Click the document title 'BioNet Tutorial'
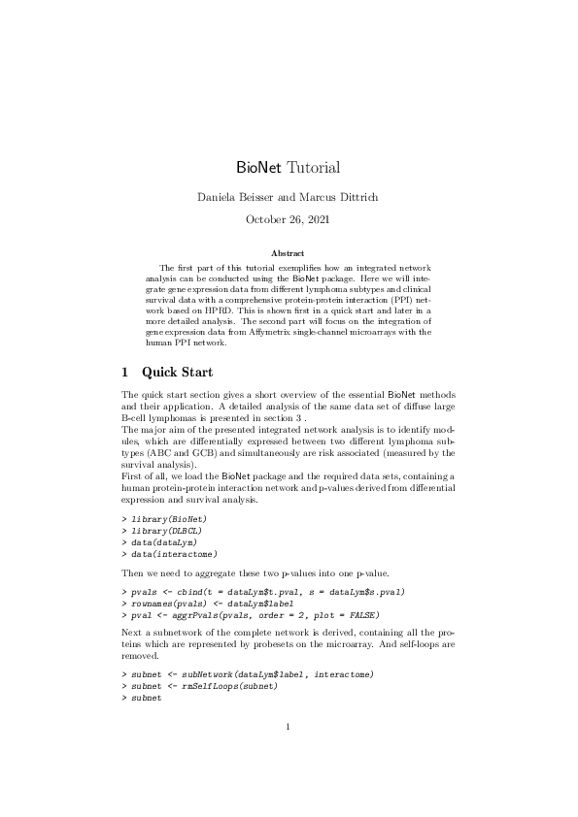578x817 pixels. coord(289,168)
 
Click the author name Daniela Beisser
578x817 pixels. coord(235,198)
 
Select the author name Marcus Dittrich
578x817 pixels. coord(339,198)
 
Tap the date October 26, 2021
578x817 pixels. coord(289,220)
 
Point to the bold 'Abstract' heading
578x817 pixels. coord(289,253)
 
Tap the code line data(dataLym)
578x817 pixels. coord(166,542)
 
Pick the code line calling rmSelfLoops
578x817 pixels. coord(204,685)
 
